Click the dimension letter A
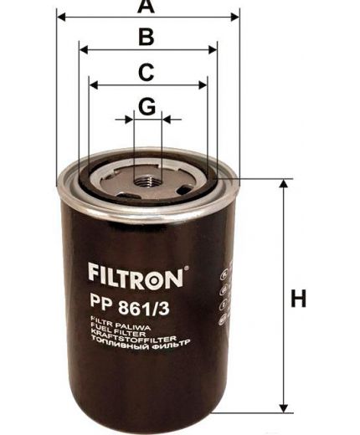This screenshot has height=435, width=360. pos(147,7)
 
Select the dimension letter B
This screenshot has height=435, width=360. pos(146,37)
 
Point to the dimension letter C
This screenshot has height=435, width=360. pos(146,72)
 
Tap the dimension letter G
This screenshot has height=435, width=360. pos(147,107)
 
